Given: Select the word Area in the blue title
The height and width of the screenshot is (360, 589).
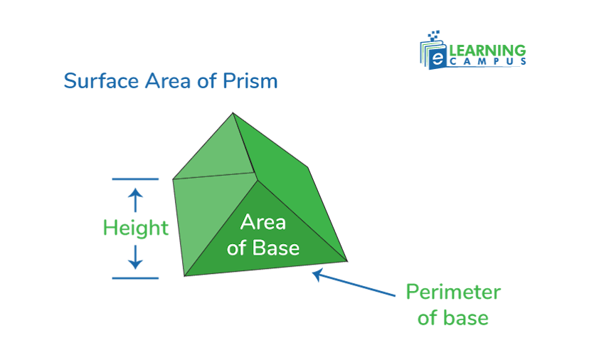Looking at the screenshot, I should pos(166,80).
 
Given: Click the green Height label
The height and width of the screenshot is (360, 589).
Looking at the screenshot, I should pos(136,228).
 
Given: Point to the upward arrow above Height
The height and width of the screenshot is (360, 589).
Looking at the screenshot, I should pos(136,198).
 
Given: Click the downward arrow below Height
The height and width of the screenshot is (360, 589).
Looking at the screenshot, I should pos(136,258).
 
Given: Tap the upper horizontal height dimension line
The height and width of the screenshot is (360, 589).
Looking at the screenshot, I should pos(135,179).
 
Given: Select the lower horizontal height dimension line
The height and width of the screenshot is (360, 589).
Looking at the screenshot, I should pos(135,278).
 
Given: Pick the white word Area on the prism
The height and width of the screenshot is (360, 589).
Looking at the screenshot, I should pos(263,223).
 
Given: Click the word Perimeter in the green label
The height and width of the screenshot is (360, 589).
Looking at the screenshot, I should pos(453,292).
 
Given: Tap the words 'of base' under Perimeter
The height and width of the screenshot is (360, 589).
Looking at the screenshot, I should pos(453,317).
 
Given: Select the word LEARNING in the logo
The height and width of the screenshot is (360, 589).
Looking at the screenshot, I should pos(487,51).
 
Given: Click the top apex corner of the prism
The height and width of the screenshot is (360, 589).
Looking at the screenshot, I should pos(233,112).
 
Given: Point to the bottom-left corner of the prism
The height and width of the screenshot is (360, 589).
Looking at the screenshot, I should pos(185,276).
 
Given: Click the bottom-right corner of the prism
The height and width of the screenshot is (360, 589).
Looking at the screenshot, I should pos(347,260).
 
